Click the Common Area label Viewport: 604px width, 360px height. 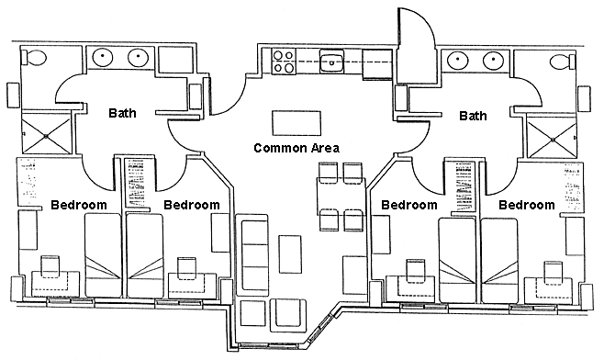tap(296, 148)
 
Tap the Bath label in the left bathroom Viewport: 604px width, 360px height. tap(122, 113)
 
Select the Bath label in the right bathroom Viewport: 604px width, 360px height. tap(473, 116)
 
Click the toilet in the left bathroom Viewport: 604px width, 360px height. tap(34, 58)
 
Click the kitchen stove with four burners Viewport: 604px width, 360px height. tap(283, 62)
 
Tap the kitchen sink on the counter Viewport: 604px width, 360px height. tap(330, 62)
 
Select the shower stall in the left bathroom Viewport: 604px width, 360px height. tap(46, 136)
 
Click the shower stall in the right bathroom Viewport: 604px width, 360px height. tap(552, 140)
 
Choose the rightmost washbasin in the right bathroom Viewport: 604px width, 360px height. tap(494, 60)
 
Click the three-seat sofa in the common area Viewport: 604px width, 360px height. tap(252, 254)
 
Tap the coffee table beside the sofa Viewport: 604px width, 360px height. tap(290, 254)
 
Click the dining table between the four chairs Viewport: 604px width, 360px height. tap(341, 197)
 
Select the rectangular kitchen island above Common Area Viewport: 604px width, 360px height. tap(296, 123)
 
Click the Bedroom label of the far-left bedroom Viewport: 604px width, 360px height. tap(79, 205)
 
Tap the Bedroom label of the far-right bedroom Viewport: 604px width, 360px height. tap(527, 205)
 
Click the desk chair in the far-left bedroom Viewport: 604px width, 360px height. tap(50, 266)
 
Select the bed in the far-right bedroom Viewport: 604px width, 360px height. tap(499, 260)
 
